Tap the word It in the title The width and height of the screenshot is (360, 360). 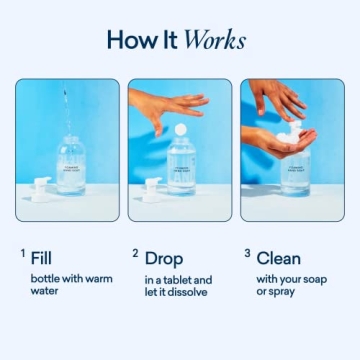point(170,41)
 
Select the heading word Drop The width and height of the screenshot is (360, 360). point(164,257)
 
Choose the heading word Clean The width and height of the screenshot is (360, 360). point(279,257)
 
